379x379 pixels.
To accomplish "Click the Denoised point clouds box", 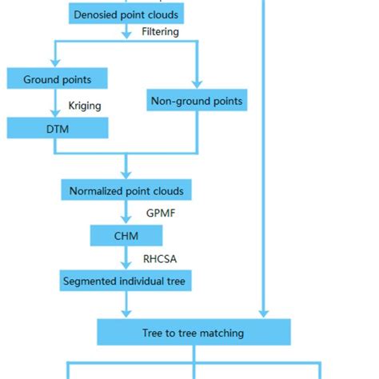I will click(126, 14).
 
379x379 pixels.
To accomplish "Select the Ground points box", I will click(56, 79).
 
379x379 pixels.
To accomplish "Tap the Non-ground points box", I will click(196, 101).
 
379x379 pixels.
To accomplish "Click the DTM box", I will click(56, 128).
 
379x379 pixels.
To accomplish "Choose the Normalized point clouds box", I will click(126, 191).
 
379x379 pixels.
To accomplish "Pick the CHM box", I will click(126, 236).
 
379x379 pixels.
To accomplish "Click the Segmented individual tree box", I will click(126, 281).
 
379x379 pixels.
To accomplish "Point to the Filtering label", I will click(160, 33).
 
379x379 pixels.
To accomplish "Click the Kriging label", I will click(85, 105).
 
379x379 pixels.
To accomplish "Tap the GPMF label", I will click(160, 213).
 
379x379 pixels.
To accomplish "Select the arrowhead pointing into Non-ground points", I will click(196, 86).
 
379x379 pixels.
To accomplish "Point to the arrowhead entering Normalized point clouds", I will click(126, 176).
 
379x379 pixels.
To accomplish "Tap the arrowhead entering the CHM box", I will click(126, 221).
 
